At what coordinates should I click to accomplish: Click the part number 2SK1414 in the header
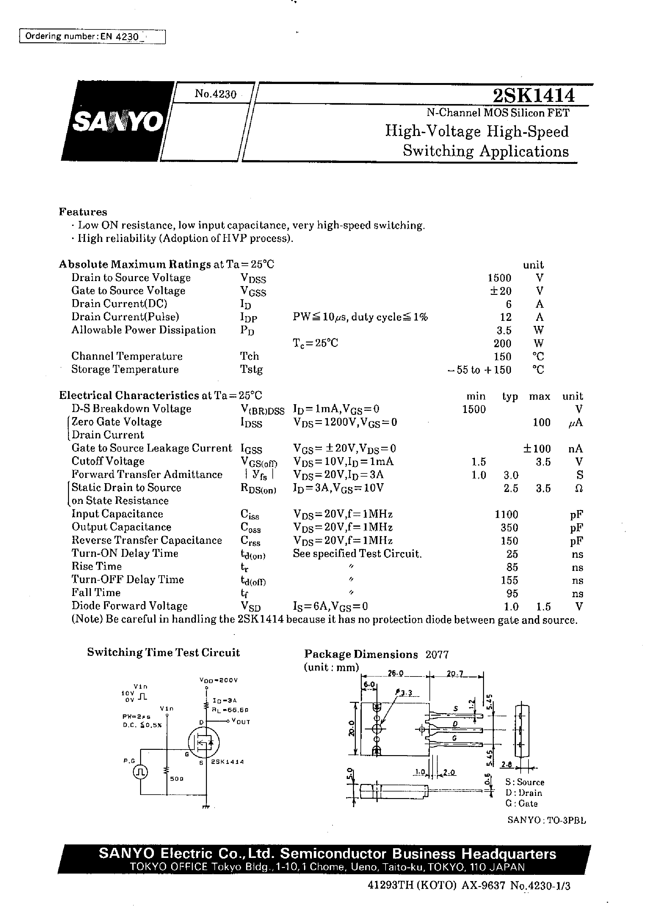[x=534, y=96]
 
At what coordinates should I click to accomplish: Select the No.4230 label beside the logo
[x=216, y=94]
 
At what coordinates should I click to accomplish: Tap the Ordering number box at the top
[x=92, y=37]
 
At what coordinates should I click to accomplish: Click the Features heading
[x=83, y=212]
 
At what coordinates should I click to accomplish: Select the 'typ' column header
[x=510, y=396]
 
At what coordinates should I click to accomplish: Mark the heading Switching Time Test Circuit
[x=163, y=653]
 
